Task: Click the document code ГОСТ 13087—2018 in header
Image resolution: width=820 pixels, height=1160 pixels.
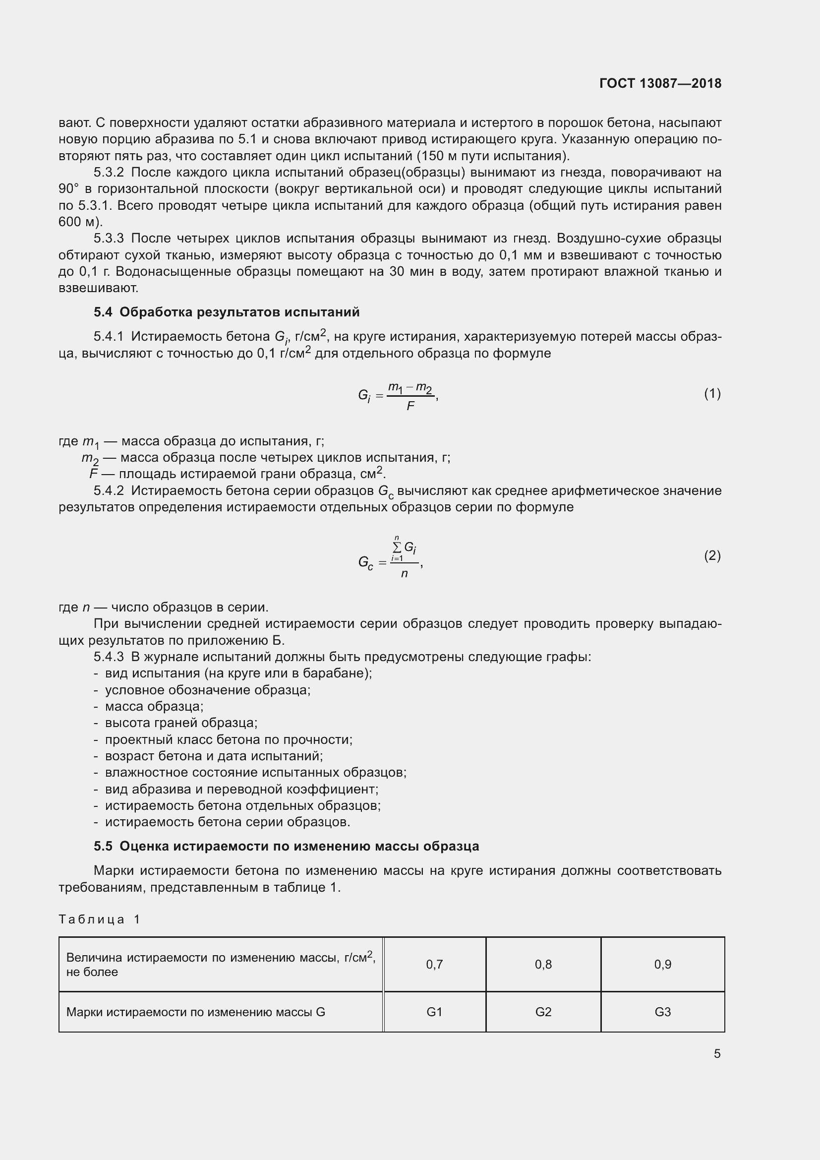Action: click(x=660, y=83)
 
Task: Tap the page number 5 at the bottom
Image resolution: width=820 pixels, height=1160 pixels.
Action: click(x=717, y=1053)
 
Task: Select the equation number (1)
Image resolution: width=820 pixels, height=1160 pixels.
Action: click(x=712, y=394)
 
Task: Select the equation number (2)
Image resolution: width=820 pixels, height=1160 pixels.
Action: click(x=712, y=556)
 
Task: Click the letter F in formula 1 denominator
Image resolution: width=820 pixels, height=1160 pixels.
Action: click(x=410, y=406)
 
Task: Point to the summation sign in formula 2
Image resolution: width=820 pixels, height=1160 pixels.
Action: click(x=397, y=547)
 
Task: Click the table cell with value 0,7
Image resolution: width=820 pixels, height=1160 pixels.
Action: click(x=434, y=965)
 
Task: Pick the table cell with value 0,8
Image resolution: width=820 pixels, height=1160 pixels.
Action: click(x=543, y=965)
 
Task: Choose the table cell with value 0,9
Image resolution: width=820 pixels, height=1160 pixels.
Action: click(x=662, y=965)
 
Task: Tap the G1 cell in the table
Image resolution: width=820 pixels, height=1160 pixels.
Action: click(x=434, y=1012)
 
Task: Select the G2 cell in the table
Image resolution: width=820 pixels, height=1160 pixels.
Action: click(x=543, y=1012)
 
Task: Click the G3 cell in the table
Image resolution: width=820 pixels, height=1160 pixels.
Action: click(x=662, y=1012)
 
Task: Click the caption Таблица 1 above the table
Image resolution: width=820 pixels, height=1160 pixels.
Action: click(x=99, y=919)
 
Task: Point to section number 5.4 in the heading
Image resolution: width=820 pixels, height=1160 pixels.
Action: click(x=103, y=312)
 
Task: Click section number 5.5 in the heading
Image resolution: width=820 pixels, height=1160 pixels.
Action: click(x=103, y=846)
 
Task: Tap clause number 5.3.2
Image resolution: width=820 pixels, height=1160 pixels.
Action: click(x=109, y=173)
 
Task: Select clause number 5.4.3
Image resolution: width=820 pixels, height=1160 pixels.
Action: click(x=109, y=657)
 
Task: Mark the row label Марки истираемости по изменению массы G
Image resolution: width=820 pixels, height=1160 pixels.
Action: click(x=195, y=1012)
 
